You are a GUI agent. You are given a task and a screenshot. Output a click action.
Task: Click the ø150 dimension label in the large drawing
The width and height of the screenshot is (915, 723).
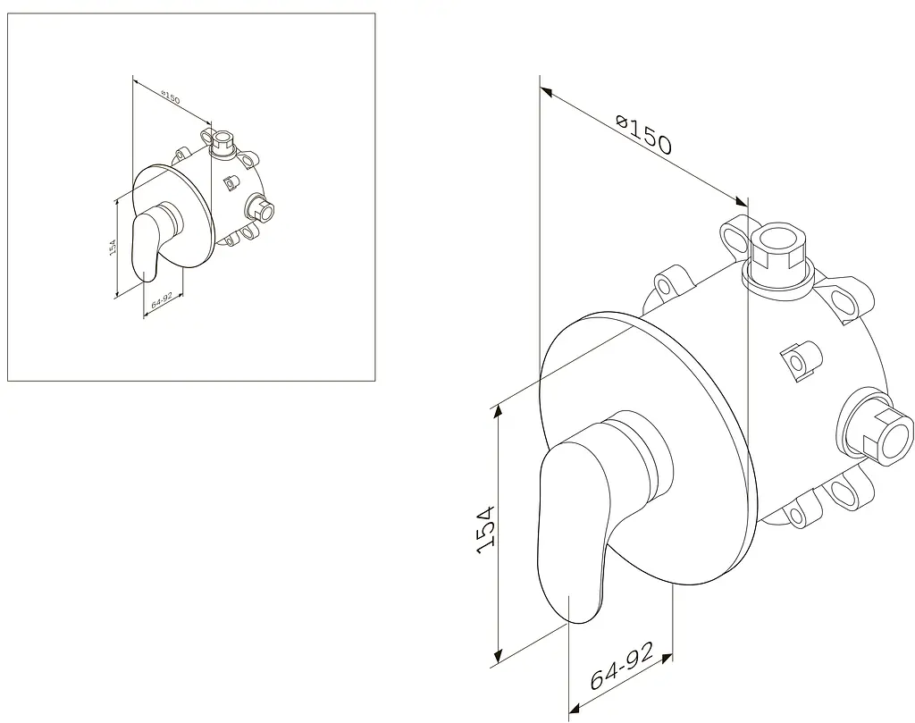coord(644,135)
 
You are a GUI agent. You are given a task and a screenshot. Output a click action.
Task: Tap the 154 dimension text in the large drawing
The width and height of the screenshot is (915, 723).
coord(485,529)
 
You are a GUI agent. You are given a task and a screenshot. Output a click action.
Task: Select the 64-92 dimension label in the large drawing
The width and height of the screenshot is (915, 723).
coord(622,665)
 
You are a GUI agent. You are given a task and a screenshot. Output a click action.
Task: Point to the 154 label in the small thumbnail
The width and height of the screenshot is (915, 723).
coord(113,247)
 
